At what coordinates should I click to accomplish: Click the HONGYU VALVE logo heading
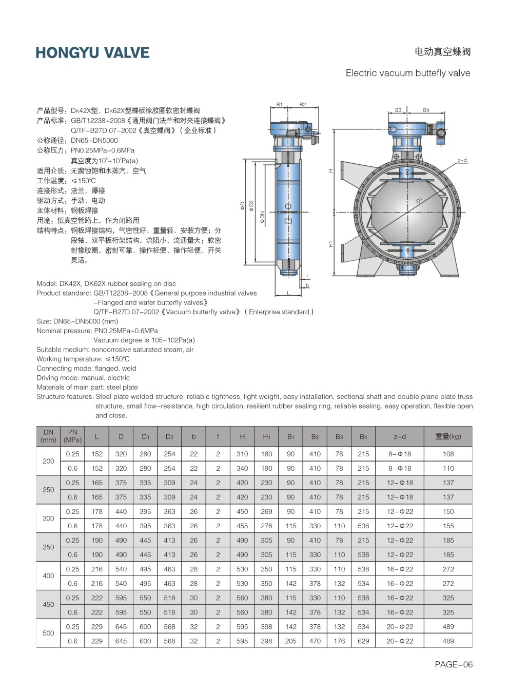click(x=92, y=53)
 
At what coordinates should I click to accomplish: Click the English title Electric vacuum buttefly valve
click(x=408, y=73)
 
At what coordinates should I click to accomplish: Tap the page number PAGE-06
click(x=454, y=664)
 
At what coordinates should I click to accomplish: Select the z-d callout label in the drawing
click(x=462, y=161)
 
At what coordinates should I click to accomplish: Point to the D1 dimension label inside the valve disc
click(x=420, y=201)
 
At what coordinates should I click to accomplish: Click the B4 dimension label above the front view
click(x=426, y=110)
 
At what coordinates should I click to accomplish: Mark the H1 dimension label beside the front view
click(x=331, y=244)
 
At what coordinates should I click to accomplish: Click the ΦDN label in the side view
click(x=262, y=218)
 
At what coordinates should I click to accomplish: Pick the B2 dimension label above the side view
click(x=303, y=105)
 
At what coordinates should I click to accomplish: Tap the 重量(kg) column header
click(x=448, y=436)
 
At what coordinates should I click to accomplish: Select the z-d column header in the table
click(x=400, y=436)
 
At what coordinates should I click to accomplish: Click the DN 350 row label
click(x=48, y=547)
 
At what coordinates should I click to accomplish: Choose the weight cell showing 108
click(x=448, y=454)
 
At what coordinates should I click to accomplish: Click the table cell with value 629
click(x=363, y=641)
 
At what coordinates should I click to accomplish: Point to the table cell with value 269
click(x=266, y=511)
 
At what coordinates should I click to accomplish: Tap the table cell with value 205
click(x=291, y=641)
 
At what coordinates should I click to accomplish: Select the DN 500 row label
click(x=48, y=634)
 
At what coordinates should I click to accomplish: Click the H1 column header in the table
click(x=266, y=436)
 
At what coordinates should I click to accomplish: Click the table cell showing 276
click(x=266, y=526)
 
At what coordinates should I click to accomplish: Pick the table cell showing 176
click(x=339, y=641)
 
